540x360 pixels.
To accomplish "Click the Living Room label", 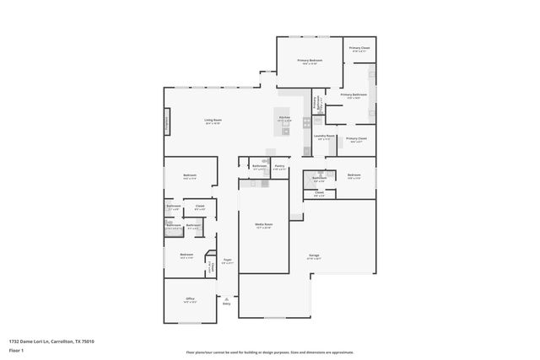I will pos(212,121).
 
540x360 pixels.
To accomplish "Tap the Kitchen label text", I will pos(284,117).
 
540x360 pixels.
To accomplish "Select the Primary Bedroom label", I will pos(310,61).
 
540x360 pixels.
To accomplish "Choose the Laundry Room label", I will pos(325,136).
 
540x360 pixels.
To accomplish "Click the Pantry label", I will pos(279,166).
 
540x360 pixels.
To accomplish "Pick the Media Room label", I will pos(263,224).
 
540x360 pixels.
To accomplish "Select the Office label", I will pos(190,298).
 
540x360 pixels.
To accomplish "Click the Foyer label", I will pos(227,260).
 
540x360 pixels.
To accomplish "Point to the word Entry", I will pos(226,304).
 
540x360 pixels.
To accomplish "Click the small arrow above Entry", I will pos(226,298).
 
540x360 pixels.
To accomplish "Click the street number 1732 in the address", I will pos(13,341).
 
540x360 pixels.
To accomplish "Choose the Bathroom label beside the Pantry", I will pos(259,166).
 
